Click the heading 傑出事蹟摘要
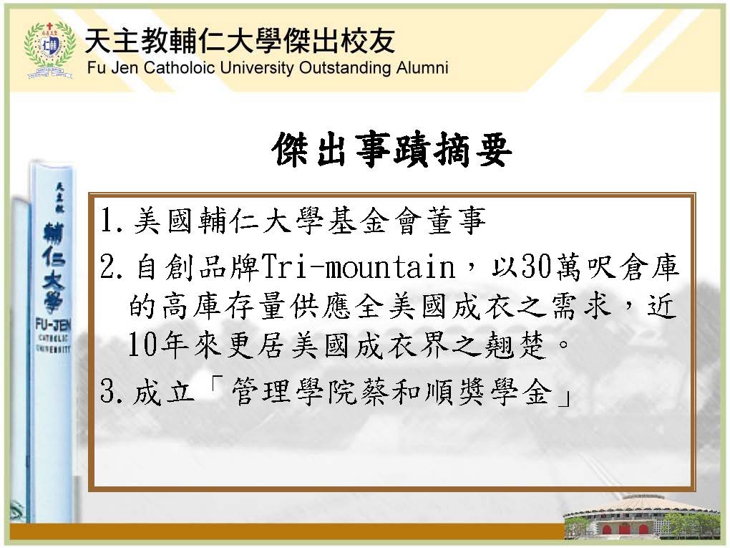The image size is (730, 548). click(392, 150)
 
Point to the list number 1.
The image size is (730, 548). click(111, 220)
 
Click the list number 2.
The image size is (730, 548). click(112, 266)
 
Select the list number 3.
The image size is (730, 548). click(112, 391)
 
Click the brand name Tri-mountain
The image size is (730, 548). click(358, 266)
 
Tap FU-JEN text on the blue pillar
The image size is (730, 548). click(53, 325)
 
